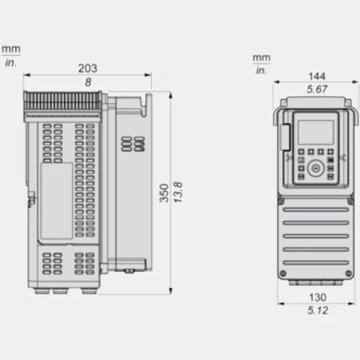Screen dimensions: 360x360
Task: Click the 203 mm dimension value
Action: (x=88, y=68)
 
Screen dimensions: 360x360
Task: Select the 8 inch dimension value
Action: (x=88, y=82)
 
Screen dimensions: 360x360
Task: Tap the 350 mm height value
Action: (x=164, y=193)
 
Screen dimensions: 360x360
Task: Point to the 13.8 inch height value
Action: (x=178, y=192)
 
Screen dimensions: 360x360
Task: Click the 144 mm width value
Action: (x=317, y=76)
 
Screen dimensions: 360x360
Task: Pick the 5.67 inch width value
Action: (x=317, y=89)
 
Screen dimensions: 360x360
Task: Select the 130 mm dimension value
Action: (x=318, y=297)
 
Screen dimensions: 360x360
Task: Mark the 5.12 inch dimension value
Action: (x=318, y=310)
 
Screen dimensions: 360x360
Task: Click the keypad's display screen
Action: (x=315, y=132)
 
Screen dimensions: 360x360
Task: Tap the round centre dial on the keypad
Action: (x=315, y=168)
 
